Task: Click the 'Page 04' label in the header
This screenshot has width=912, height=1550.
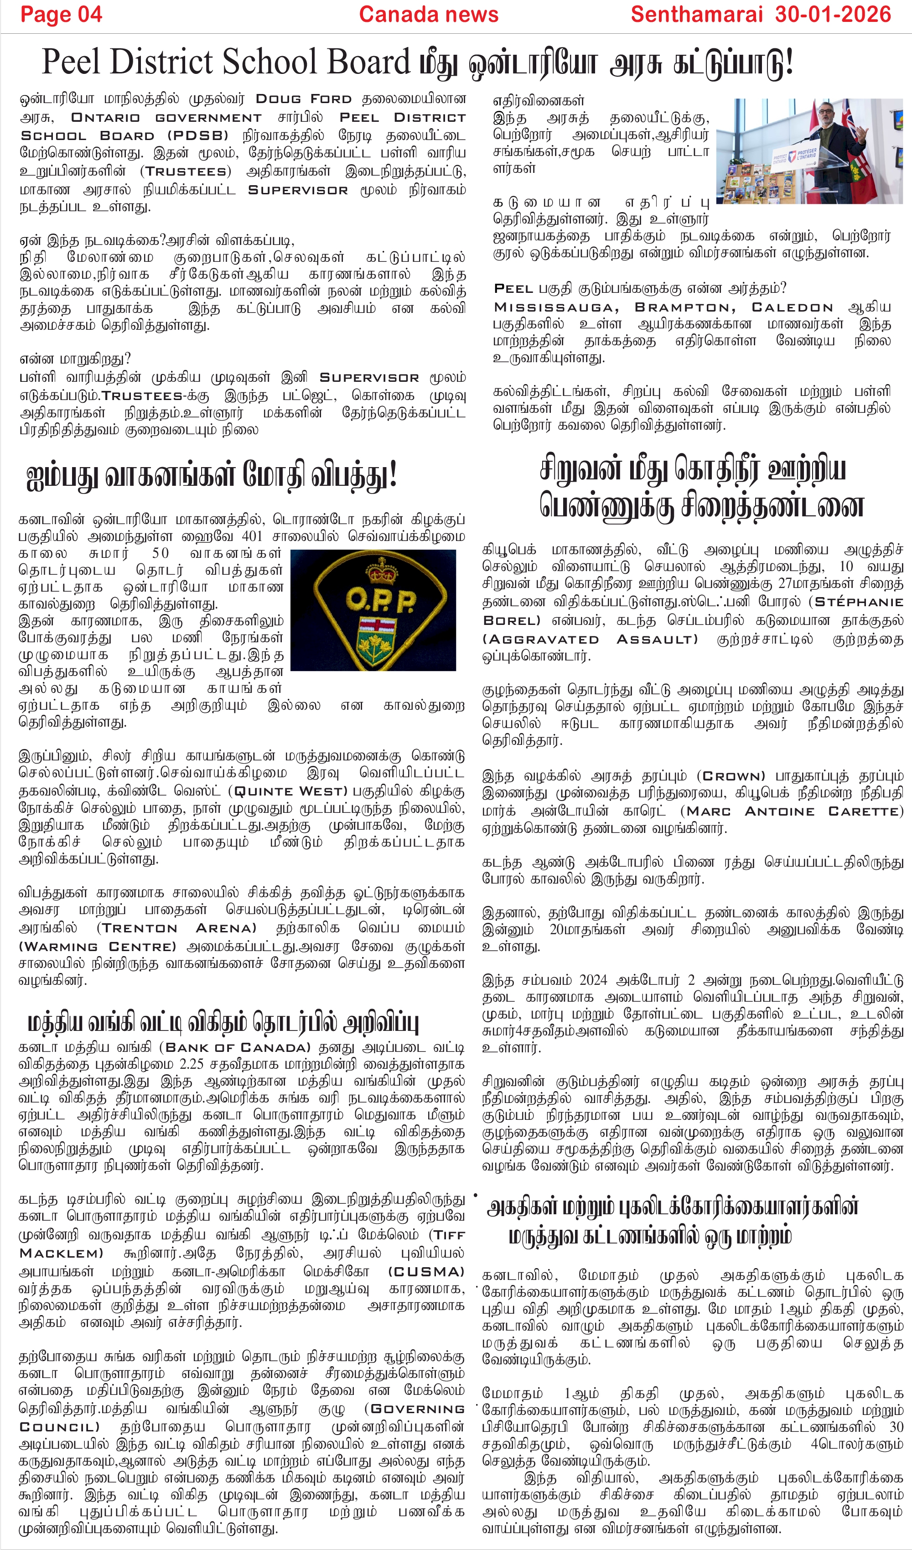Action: [61, 15]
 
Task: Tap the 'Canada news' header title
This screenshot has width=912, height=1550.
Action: [428, 15]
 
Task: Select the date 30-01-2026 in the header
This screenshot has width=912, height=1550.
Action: [833, 15]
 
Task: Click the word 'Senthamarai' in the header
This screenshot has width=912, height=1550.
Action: [697, 15]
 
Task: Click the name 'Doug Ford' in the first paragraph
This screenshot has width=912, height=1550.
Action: [303, 99]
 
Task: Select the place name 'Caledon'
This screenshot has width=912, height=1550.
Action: [792, 307]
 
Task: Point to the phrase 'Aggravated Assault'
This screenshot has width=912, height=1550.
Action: [591, 639]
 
